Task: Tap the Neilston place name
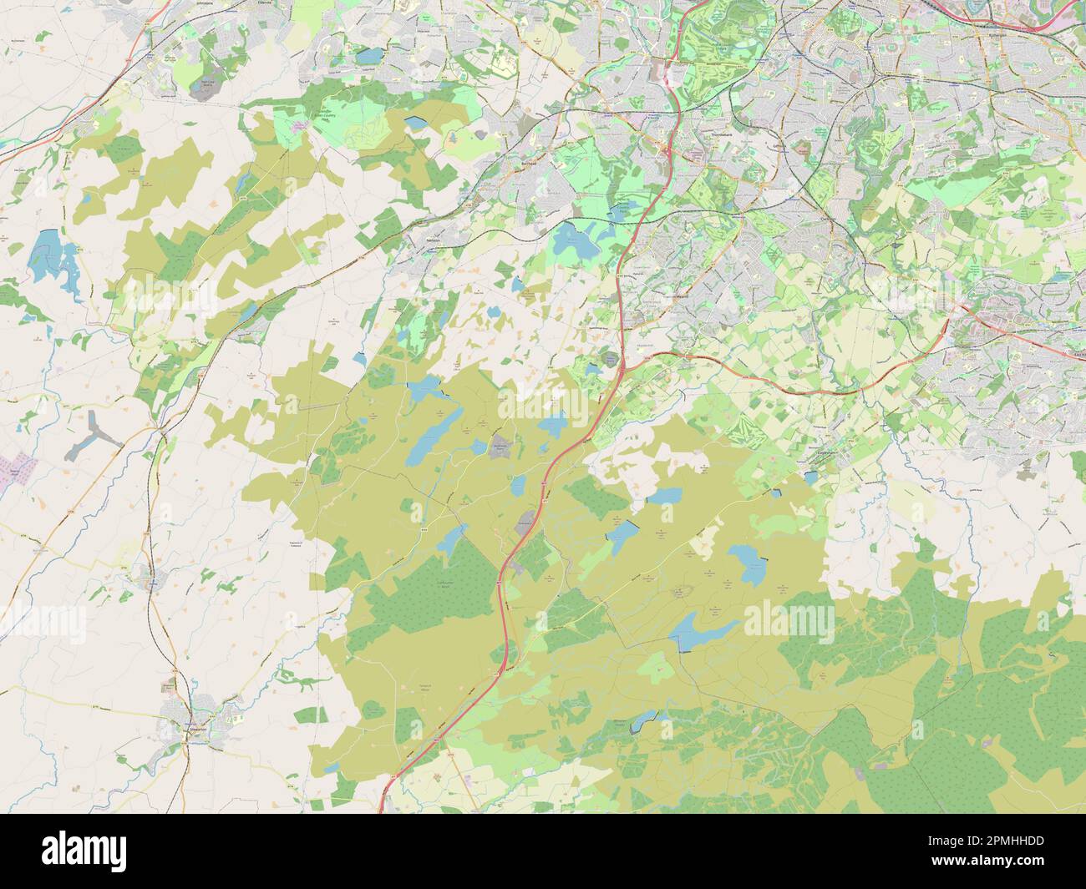tap(432, 238)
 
